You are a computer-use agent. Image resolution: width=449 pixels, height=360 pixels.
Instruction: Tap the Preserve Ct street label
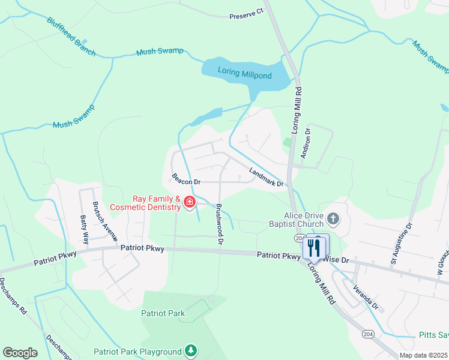point(246,14)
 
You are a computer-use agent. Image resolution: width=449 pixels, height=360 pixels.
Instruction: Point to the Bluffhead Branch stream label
point(71,37)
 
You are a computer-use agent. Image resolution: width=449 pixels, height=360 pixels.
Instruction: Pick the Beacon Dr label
point(185,179)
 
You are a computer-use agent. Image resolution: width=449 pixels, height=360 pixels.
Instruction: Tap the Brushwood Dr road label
point(220,224)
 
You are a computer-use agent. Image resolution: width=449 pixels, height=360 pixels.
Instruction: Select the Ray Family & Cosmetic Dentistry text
point(157,203)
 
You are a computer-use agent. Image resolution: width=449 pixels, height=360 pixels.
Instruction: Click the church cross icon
point(334,219)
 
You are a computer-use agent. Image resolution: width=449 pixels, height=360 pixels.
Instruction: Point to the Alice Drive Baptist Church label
point(304,220)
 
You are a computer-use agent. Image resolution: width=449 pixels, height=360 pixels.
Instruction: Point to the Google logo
point(20,353)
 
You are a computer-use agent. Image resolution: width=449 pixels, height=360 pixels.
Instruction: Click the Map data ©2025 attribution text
point(423,355)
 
